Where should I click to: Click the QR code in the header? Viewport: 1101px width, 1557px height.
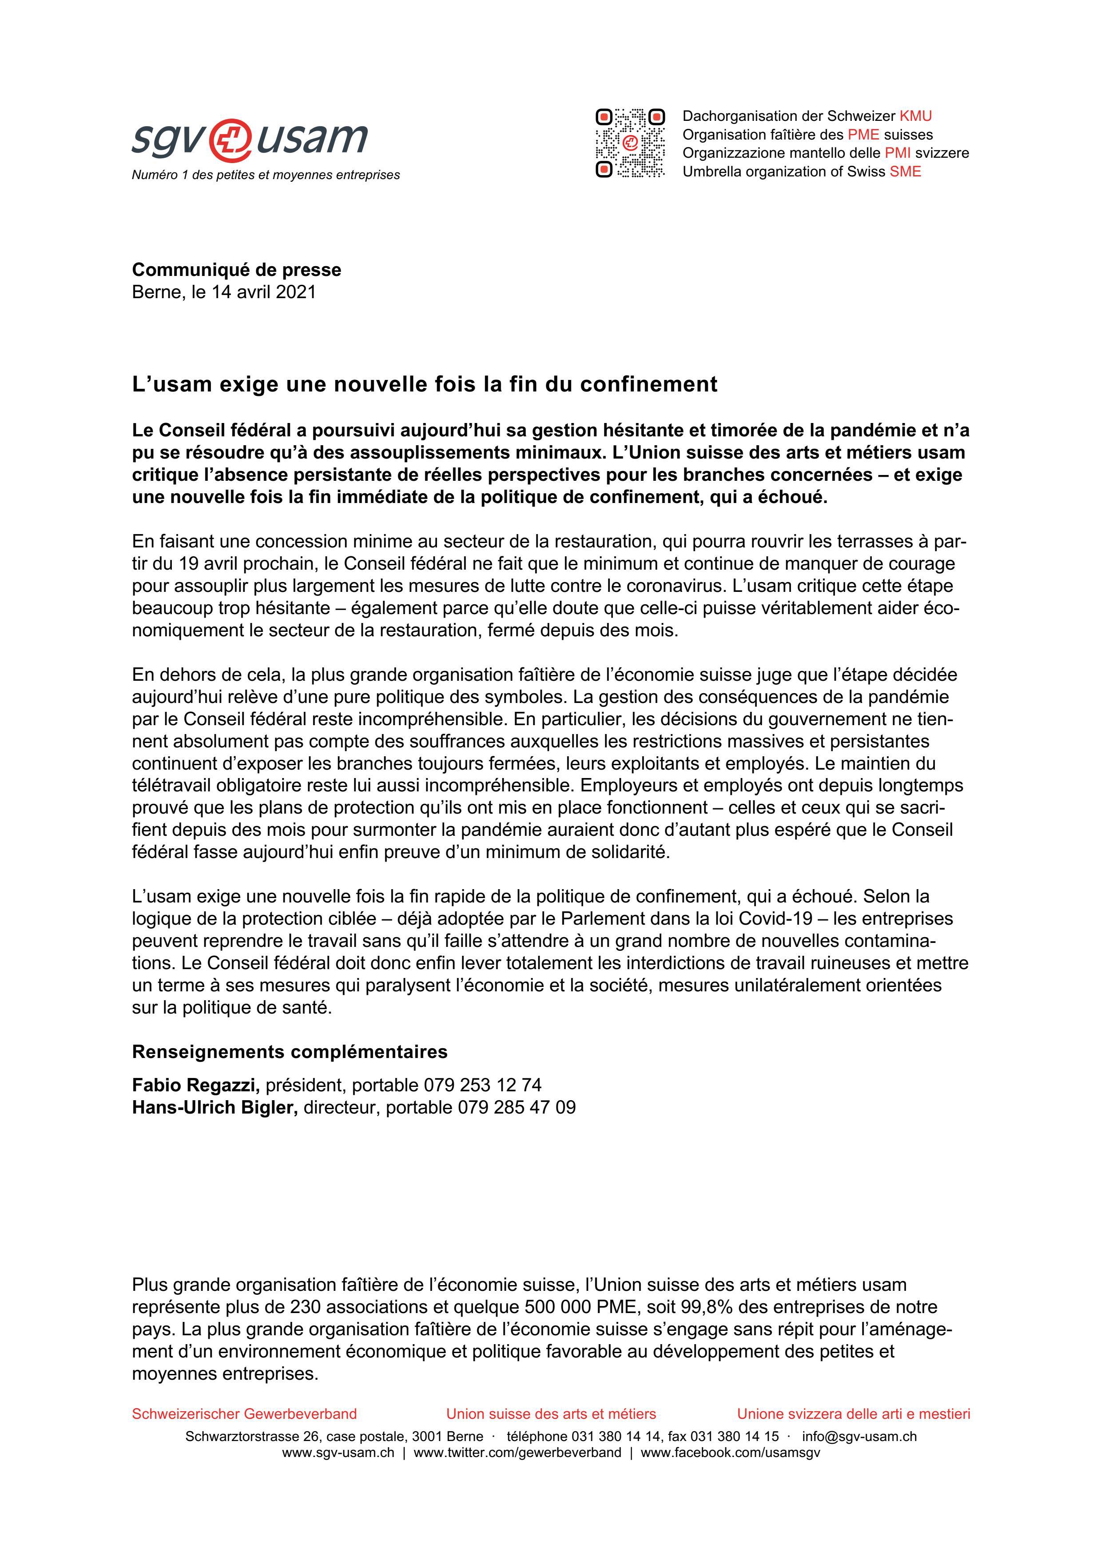630,143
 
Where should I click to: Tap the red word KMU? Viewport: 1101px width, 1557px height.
915,116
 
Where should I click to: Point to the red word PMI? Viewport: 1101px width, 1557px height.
898,153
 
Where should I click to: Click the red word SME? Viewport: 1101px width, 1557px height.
905,172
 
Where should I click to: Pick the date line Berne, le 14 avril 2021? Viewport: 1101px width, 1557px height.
224,292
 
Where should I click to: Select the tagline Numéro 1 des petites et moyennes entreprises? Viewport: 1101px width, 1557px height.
265,175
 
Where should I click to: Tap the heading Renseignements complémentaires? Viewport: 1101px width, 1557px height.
290,1052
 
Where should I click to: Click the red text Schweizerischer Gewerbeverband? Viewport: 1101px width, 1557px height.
244,1414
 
